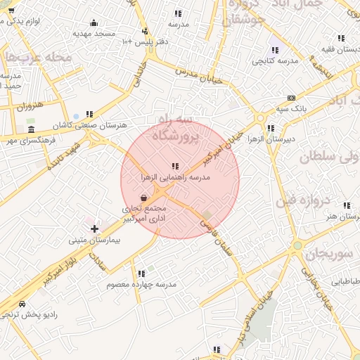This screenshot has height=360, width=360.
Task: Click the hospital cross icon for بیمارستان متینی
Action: point(94,229)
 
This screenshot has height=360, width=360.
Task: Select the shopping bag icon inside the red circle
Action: point(143,199)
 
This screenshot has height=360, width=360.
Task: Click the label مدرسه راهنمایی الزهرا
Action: point(175,179)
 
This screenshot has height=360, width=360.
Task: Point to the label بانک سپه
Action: point(290,108)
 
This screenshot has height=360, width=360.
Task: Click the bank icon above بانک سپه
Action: point(291,98)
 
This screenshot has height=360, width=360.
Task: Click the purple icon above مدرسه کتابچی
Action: point(274,50)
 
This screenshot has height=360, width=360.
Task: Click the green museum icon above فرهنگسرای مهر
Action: point(30,130)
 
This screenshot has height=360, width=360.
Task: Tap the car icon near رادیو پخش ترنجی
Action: point(22,304)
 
